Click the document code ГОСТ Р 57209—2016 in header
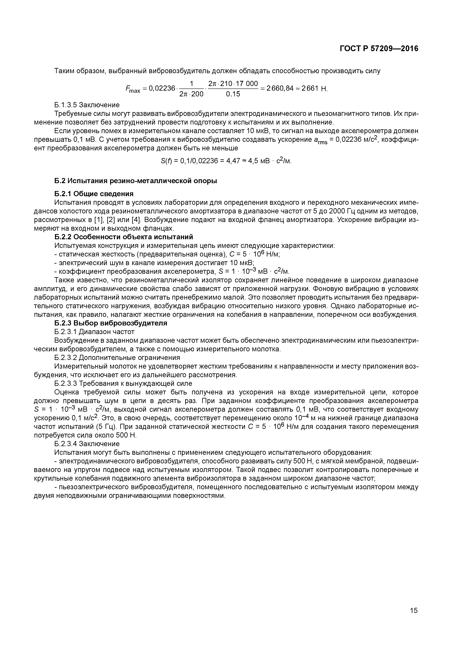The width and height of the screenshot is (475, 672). click(379, 49)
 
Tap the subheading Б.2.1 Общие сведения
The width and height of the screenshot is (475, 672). click(94, 194)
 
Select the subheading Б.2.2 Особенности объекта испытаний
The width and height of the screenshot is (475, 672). click(124, 237)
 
